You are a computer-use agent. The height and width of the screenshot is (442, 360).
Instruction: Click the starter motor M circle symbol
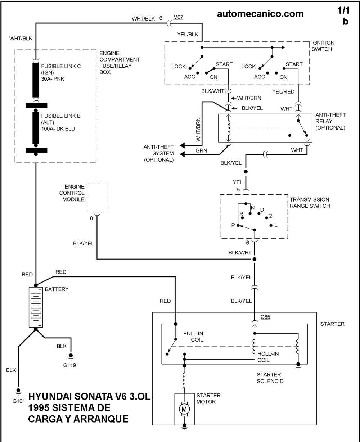pyautogui.click(x=184, y=409)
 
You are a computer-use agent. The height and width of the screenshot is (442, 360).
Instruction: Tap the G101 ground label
pyautogui.click(x=19, y=401)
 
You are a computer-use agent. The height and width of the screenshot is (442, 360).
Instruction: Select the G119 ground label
pyautogui.click(x=69, y=365)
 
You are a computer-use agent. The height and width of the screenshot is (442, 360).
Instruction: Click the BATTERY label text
pyautogui.click(x=57, y=289)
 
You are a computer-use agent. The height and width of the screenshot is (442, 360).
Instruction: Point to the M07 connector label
pyautogui.click(x=178, y=17)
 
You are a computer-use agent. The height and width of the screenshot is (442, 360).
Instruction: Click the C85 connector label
pyautogui.click(x=265, y=317)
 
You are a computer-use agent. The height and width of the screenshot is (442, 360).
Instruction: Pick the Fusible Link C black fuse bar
pyautogui.click(x=36, y=80)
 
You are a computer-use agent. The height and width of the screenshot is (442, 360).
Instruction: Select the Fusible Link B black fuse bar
pyautogui.click(x=36, y=128)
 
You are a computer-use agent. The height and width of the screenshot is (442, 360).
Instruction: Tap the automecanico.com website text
pyautogui.click(x=260, y=14)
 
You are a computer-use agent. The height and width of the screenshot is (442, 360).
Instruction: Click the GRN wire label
pyautogui.click(x=201, y=150)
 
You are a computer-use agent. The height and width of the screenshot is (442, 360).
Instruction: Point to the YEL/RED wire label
pyautogui.click(x=283, y=91)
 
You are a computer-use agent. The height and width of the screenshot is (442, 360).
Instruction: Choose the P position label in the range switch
pyautogui.click(x=233, y=225)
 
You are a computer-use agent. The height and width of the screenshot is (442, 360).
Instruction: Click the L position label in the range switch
pyautogui.click(x=276, y=225)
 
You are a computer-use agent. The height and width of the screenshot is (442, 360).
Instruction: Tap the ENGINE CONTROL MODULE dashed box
pyautogui.click(x=97, y=198)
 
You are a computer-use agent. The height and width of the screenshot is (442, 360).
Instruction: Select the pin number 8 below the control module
pyautogui.click(x=91, y=218)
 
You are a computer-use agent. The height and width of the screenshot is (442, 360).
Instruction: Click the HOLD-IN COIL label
pyautogui.click(x=268, y=357)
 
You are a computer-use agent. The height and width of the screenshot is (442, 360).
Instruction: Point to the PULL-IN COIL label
pyautogui.click(x=193, y=337)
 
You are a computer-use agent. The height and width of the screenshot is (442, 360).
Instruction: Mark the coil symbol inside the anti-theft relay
pyautogui.click(x=229, y=128)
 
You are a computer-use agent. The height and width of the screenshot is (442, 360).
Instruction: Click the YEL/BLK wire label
pyautogui.click(x=188, y=35)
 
